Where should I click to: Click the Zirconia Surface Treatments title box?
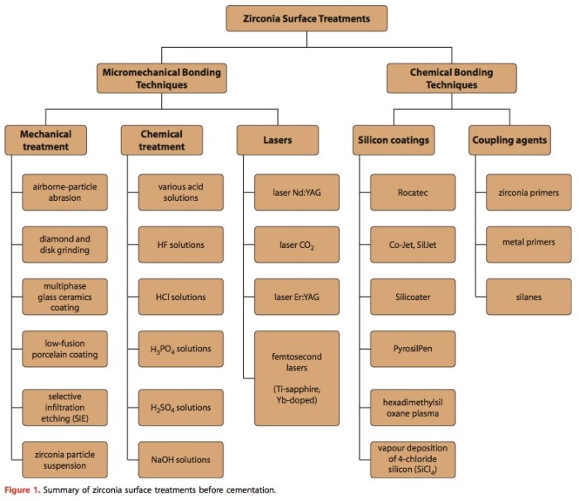pos(307,18)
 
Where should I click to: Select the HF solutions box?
pos(179,245)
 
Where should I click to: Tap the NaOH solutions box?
pos(179,460)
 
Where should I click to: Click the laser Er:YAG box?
pos(297,297)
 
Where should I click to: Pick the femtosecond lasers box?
pos(297,377)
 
